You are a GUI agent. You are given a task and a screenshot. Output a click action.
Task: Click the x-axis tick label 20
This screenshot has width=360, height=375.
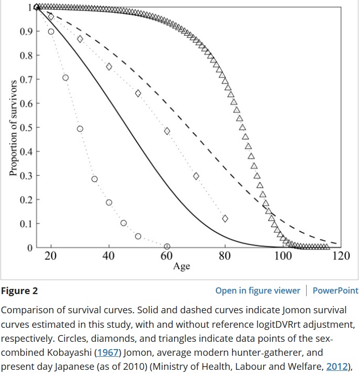pos(51,256)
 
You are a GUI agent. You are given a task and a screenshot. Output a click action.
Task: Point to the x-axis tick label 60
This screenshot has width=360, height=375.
pos(167,256)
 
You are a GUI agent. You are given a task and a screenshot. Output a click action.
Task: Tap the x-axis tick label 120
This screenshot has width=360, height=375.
pos(341,256)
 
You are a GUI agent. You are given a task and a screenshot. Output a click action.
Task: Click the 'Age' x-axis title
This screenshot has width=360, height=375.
pos(181,267)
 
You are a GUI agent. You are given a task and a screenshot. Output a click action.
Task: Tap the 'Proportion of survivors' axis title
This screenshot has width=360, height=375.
pos(13,128)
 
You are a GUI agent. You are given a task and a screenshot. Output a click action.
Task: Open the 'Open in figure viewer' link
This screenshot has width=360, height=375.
pos(257,290)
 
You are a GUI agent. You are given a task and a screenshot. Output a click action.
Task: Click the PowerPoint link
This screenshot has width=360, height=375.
pos(335,290)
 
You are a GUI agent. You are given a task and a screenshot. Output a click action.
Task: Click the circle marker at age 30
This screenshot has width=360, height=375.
pos(80,129)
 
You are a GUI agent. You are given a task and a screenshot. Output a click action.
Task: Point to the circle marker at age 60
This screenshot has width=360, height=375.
pos(167,246)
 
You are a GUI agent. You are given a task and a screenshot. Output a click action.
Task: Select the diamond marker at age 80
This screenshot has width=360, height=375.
pos(225,218)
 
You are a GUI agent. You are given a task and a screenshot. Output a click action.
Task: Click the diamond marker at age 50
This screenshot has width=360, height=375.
pos(138,93)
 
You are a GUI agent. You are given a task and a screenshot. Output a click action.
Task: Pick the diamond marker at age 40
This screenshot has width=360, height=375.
pos(109,66)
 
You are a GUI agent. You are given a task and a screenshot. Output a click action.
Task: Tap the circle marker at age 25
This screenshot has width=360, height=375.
pos(65,78)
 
